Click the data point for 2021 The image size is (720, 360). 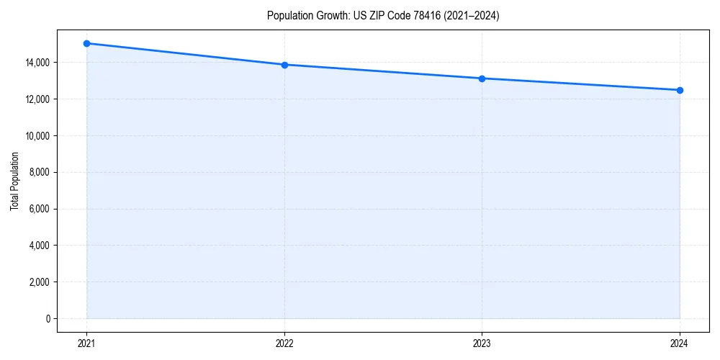click(x=86, y=43)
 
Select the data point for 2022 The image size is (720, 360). click(x=284, y=65)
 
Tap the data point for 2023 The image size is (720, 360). click(x=482, y=78)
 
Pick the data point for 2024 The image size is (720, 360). click(x=680, y=90)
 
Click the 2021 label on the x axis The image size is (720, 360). click(x=86, y=343)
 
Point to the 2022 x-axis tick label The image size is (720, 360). click(x=284, y=343)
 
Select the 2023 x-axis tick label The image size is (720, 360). click(x=482, y=343)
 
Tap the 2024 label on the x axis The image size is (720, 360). click(x=680, y=343)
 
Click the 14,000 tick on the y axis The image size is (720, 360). click(x=37, y=63)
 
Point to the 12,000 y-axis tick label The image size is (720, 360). click(x=37, y=99)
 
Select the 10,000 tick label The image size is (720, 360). click(x=37, y=135)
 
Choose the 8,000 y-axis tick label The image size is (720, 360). click(x=39, y=172)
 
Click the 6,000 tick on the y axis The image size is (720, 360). click(x=39, y=209)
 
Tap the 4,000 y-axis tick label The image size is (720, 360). click(x=39, y=246)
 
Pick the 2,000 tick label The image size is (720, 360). click(x=39, y=282)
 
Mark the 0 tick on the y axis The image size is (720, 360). click(x=48, y=318)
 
